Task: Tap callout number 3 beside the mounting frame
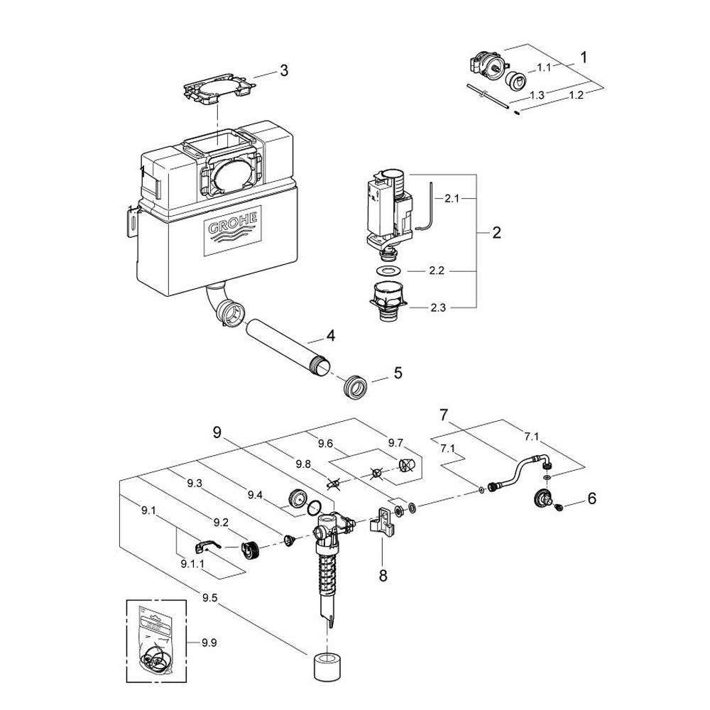point(283,70)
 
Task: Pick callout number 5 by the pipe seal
point(398,372)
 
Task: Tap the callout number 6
point(591,500)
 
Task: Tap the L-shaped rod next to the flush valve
point(426,206)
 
